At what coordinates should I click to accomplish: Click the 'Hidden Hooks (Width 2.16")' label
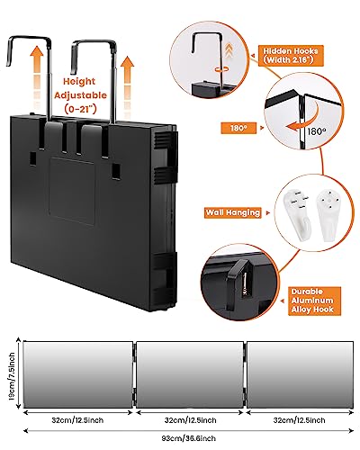click(291, 56)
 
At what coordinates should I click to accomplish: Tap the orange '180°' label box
click(238, 128)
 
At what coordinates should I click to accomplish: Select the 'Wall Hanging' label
click(233, 212)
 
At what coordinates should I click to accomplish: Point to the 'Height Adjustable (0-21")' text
click(80, 95)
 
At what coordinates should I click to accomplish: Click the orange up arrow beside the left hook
click(37, 74)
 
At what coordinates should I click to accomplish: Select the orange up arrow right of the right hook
click(128, 85)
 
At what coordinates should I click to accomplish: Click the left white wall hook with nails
click(298, 214)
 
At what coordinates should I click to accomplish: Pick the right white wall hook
click(329, 213)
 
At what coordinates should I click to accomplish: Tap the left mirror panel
click(78, 374)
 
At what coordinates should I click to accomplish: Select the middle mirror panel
click(190, 374)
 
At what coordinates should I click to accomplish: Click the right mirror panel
click(300, 374)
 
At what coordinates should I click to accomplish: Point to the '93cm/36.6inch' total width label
click(189, 438)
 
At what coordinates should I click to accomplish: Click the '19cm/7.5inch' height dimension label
click(12, 376)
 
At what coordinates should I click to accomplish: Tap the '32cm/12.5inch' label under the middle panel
click(190, 420)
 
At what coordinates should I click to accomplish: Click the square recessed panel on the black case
click(72, 191)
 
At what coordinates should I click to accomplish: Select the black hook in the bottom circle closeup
click(238, 283)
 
